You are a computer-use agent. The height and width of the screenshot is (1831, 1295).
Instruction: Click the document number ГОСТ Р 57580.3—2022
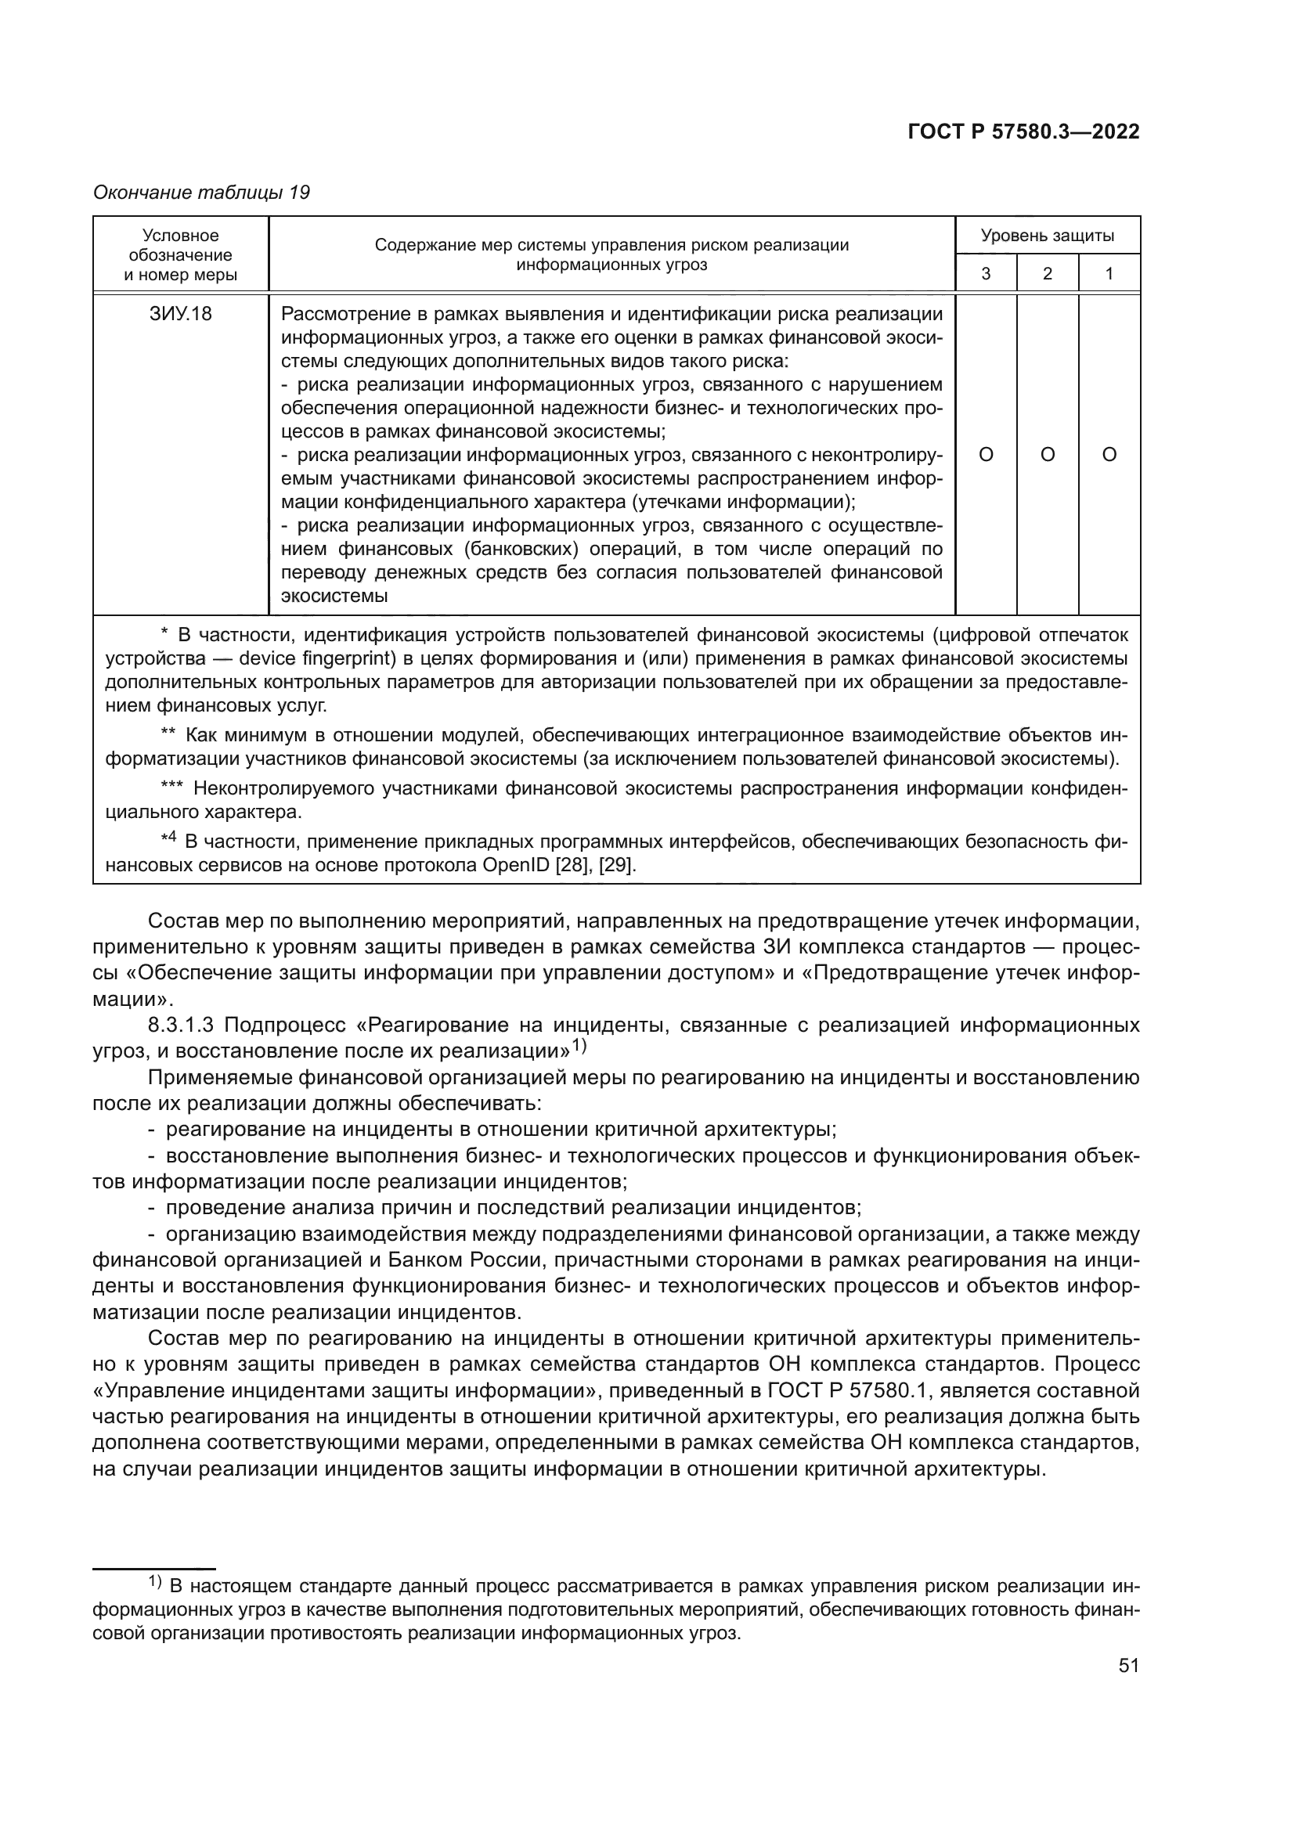pos(1023,132)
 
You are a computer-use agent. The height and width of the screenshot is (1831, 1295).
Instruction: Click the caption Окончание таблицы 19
pos(202,193)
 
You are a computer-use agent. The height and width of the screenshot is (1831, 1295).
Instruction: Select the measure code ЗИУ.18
pos(180,314)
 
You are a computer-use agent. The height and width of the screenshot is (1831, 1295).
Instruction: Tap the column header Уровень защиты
pos(1047,236)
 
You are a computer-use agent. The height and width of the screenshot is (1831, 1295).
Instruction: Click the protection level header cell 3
pos(986,273)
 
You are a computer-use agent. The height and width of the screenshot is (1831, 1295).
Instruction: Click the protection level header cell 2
pos(1047,273)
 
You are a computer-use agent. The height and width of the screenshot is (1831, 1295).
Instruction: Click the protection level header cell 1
pos(1109,273)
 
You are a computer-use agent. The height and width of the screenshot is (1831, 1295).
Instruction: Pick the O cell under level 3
pos(986,455)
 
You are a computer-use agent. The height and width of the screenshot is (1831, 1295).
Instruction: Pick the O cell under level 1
pos(1109,455)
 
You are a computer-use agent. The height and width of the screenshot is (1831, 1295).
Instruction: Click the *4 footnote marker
pos(168,839)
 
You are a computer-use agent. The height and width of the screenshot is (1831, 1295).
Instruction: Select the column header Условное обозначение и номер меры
pos(180,255)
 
